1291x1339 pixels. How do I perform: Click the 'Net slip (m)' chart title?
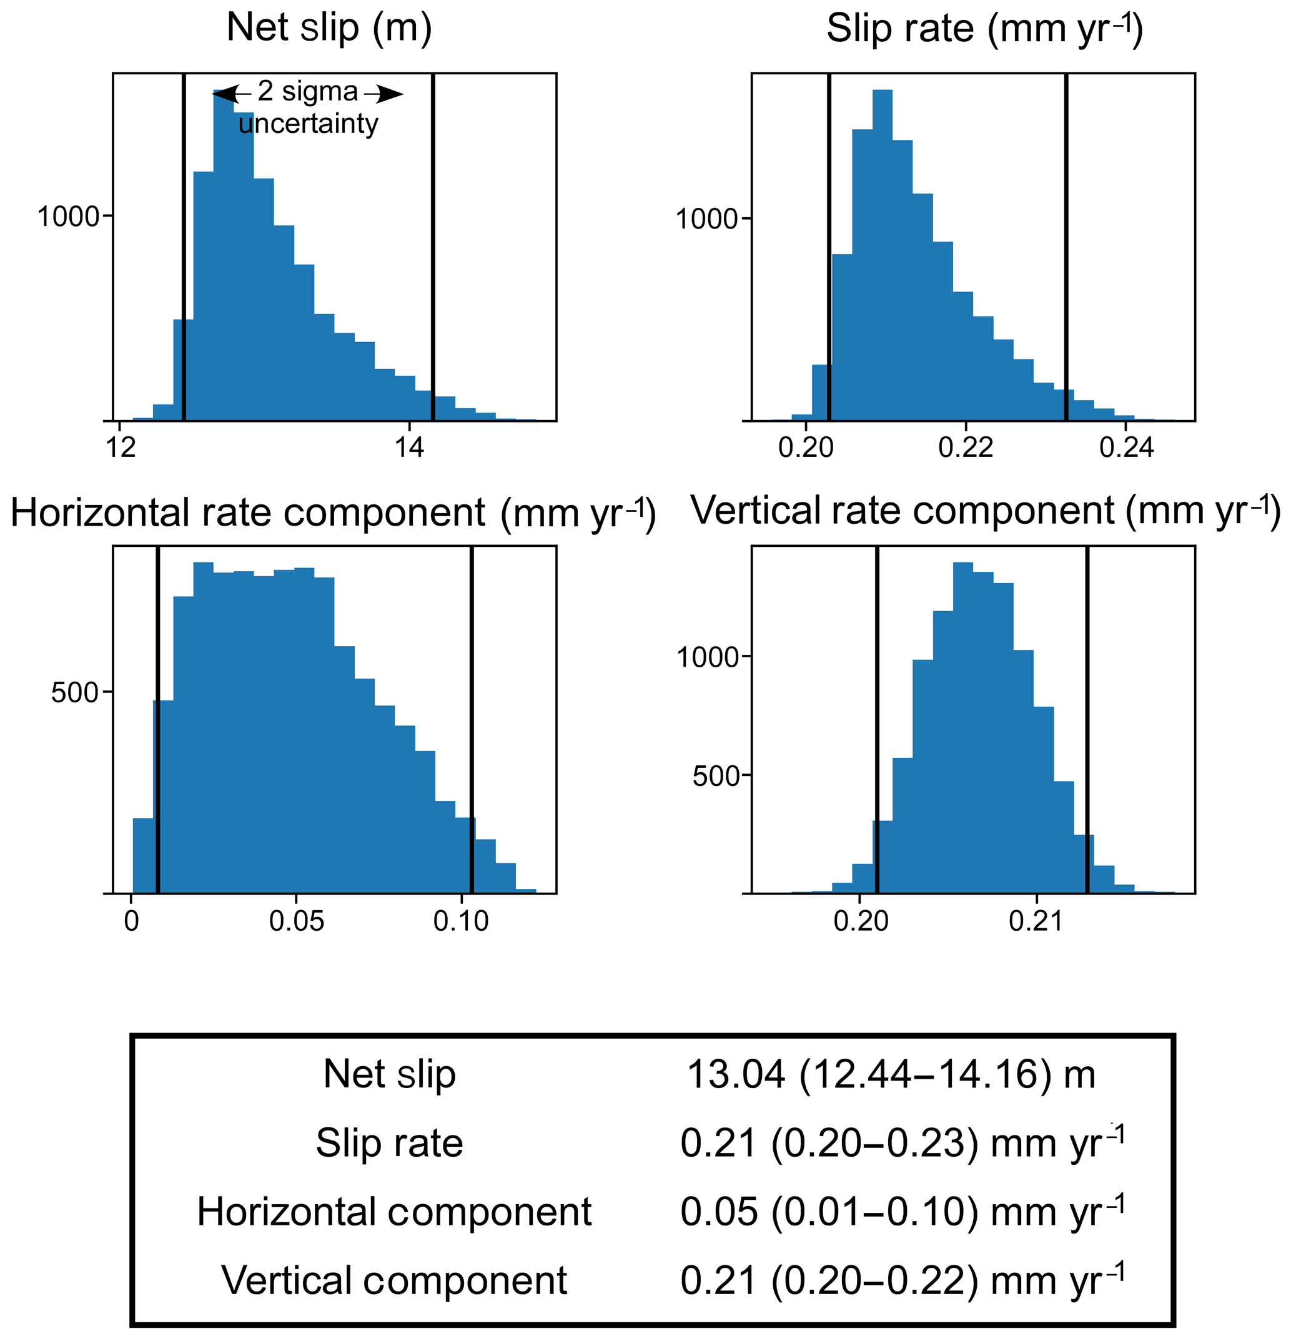(x=329, y=29)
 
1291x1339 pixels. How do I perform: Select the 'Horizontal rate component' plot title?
(x=333, y=514)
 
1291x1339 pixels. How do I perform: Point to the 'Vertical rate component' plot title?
(x=985, y=512)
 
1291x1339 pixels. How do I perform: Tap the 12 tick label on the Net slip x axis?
(x=121, y=448)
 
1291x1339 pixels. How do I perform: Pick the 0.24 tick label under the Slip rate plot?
(x=1126, y=448)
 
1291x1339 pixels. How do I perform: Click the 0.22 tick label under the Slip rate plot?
(x=965, y=448)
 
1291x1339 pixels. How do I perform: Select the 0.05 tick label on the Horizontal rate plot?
(x=297, y=921)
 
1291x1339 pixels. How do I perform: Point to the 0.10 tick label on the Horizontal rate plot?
(x=462, y=921)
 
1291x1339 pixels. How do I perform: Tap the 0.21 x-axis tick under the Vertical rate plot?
(x=1036, y=921)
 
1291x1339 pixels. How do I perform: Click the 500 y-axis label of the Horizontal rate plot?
(x=75, y=693)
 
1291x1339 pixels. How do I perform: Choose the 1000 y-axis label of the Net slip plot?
(x=68, y=217)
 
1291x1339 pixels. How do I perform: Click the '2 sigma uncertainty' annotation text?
(x=308, y=108)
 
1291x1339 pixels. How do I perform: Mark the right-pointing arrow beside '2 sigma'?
(x=385, y=94)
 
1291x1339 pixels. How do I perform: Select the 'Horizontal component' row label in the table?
(x=393, y=1211)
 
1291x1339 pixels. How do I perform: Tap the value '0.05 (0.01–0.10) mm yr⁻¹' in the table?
(x=902, y=1211)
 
